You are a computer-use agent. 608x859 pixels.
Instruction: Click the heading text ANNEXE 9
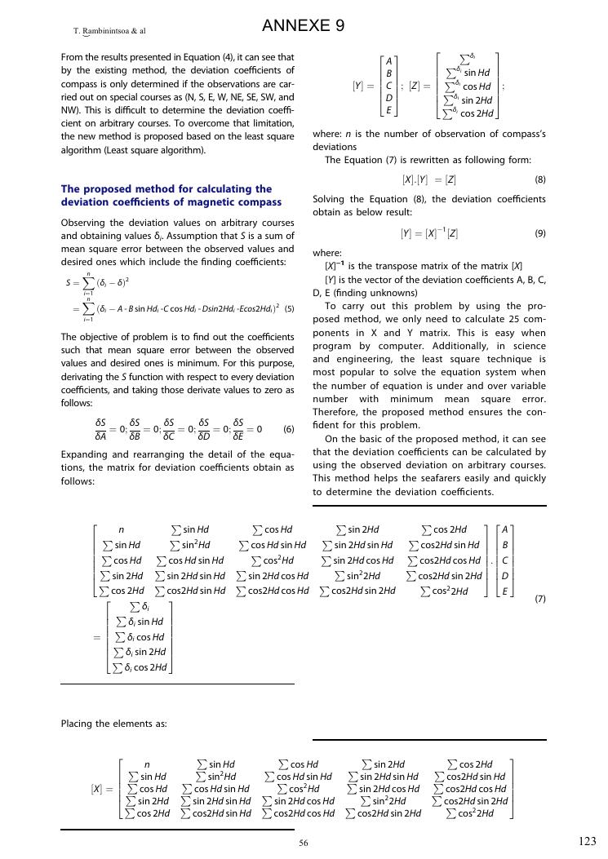(x=303, y=27)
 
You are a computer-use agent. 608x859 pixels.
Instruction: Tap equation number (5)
(x=289, y=309)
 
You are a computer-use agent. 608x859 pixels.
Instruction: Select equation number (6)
(x=288, y=429)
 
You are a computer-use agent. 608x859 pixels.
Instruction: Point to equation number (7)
(x=539, y=599)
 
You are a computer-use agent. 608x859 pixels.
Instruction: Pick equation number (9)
(x=539, y=233)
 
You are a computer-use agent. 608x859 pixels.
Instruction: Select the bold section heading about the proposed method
(x=171, y=195)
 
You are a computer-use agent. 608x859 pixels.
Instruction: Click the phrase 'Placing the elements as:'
(x=114, y=723)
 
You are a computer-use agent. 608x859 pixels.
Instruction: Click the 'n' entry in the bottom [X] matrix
(x=147, y=764)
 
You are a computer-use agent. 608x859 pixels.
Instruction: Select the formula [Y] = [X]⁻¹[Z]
(x=428, y=233)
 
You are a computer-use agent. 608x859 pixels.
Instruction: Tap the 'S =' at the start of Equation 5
(x=72, y=283)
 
